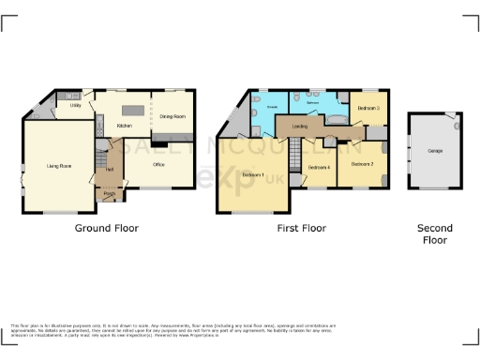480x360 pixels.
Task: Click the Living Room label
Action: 59,166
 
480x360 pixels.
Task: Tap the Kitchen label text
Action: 125,125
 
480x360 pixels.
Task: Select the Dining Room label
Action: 172,116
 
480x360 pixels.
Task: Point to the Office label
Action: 158,164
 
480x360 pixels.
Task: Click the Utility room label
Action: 75,106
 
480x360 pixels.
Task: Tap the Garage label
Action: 435,151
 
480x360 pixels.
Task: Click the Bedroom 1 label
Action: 252,175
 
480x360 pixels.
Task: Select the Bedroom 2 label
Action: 363,164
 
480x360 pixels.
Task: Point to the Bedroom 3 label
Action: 369,109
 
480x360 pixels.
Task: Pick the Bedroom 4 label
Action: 319,167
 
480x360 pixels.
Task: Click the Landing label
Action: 300,126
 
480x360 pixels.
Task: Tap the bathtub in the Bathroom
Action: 334,120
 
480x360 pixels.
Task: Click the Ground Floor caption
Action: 107,228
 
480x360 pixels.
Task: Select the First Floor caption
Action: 301,228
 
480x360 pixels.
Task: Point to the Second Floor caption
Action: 435,234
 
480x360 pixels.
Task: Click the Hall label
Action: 110,169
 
